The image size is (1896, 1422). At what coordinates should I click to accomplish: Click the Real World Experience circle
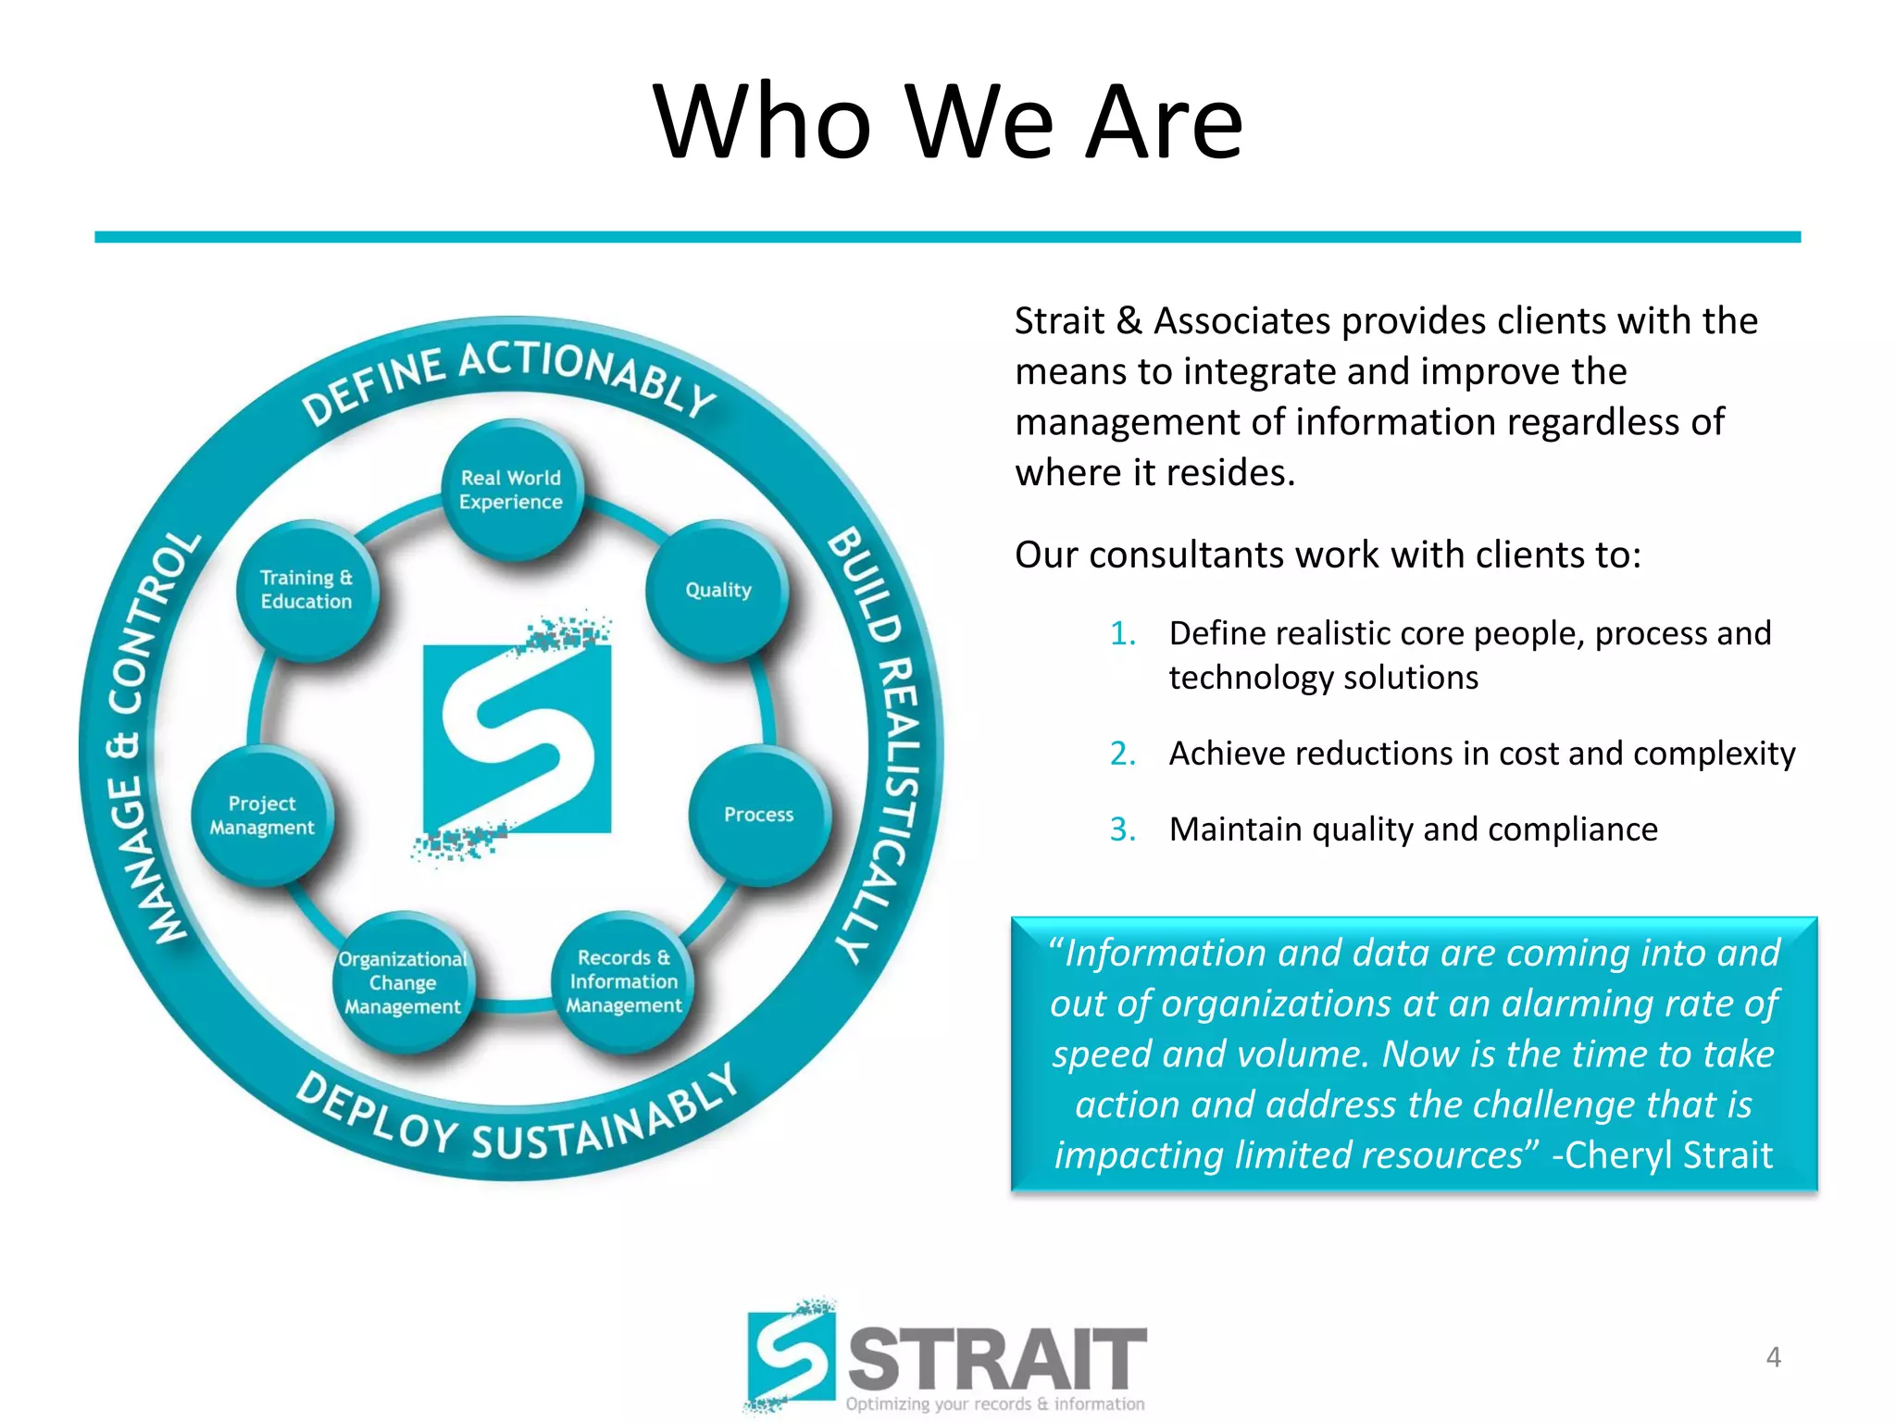(x=512, y=490)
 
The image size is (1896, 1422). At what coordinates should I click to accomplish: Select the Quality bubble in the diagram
(x=717, y=591)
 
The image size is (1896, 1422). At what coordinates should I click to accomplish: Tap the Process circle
(x=759, y=815)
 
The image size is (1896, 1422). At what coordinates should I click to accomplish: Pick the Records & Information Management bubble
(x=624, y=981)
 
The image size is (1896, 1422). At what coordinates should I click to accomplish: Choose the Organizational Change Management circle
(x=403, y=983)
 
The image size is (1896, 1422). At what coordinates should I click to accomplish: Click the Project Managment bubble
(x=262, y=816)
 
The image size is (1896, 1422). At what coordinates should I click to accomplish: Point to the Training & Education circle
(x=306, y=590)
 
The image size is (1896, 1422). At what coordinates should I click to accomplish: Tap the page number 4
(x=1773, y=1357)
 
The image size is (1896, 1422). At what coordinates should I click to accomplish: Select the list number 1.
(x=1122, y=634)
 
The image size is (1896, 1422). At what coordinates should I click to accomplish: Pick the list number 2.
(x=1122, y=755)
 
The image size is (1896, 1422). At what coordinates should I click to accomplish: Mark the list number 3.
(x=1122, y=829)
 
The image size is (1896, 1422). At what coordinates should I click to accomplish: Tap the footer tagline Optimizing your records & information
(x=995, y=1404)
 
